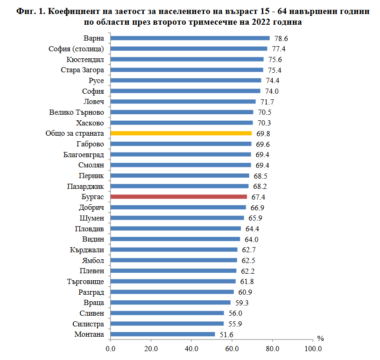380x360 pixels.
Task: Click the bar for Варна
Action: click(190, 38)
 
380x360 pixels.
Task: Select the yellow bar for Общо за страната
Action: click(181, 133)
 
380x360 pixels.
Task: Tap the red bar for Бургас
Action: click(179, 197)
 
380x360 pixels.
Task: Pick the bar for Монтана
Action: click(163, 334)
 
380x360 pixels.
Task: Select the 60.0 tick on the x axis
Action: click(232, 349)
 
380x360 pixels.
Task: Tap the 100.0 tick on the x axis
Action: click(313, 349)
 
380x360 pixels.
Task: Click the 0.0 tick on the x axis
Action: click(111, 349)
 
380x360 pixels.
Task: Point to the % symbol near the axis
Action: click(320, 339)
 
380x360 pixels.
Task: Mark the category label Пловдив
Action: click(89, 228)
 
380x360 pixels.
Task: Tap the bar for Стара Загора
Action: click(187, 70)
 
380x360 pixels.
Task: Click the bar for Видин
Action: click(176, 239)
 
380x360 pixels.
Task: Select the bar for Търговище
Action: click(173, 281)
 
